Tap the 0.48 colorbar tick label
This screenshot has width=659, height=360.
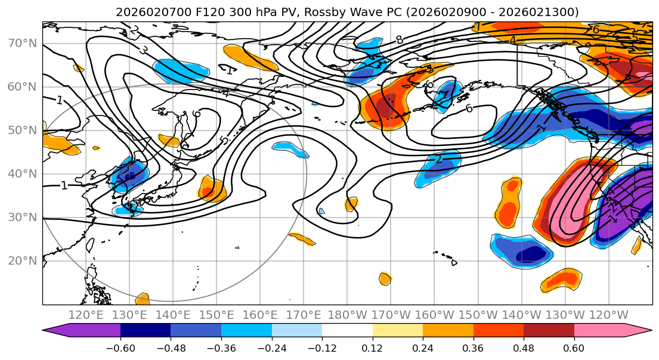pos(524,347)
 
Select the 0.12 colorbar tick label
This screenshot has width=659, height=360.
pos(373,347)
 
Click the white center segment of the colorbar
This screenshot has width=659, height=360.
pos(347,331)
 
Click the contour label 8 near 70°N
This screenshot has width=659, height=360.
pos(399,40)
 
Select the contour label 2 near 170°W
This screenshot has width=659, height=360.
pos(438,159)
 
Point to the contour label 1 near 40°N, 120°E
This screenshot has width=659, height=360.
pos(64,185)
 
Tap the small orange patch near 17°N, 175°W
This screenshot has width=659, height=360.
pos(385,278)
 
